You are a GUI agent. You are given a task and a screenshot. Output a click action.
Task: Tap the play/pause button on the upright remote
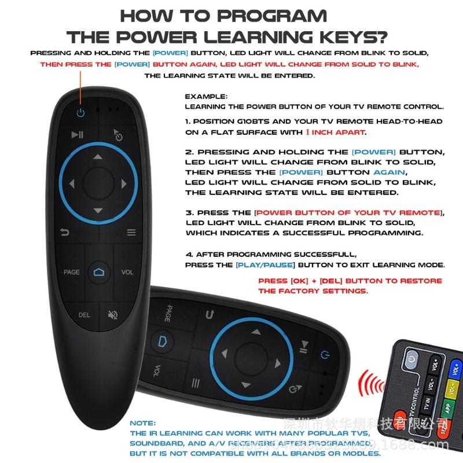[x=78, y=135]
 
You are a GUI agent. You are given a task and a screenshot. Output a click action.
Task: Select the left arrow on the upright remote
[x=72, y=184]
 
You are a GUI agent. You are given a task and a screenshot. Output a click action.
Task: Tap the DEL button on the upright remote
[x=84, y=315]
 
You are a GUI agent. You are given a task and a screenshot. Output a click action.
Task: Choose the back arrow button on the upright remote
[x=65, y=233]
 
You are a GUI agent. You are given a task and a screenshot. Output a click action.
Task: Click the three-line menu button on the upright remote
[x=131, y=233]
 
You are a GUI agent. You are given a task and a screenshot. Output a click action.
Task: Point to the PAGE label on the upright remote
[x=72, y=272]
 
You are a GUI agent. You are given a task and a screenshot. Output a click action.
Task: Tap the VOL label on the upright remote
[x=127, y=272]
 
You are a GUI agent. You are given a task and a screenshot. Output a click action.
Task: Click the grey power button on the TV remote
[x=411, y=360]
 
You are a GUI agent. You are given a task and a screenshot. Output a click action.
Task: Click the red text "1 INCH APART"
[x=335, y=132]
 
